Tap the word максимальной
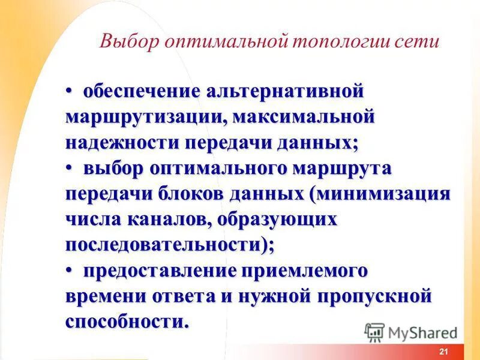point(305,117)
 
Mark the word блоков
point(191,194)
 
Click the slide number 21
point(444,352)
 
